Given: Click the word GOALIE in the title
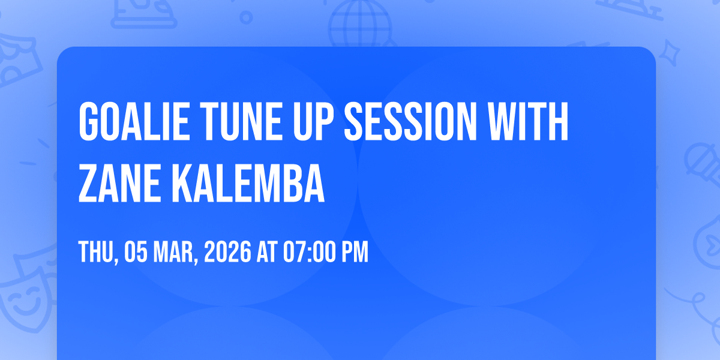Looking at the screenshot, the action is tap(133, 121).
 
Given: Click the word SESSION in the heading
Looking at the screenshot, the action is tap(410, 121).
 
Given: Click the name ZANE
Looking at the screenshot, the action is tap(119, 183).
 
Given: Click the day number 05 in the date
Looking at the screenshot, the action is tap(136, 252).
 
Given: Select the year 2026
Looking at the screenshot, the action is tap(227, 252).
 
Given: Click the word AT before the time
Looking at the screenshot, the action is tap(267, 252).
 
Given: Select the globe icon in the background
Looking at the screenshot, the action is tap(360, 24).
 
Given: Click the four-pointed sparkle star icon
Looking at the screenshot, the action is tap(669, 53).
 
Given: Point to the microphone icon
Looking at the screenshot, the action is tap(703, 164).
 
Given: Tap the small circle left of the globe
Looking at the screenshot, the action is tap(246, 17).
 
